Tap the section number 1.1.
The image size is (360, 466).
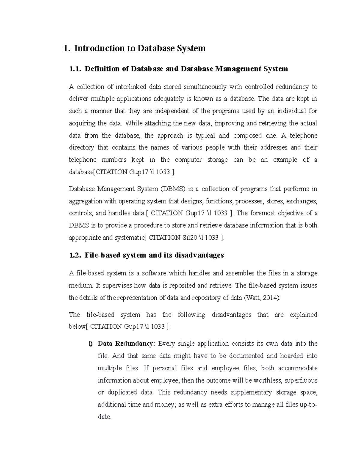[x=75, y=69]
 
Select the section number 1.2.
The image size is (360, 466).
[x=75, y=255]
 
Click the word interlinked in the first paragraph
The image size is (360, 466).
[x=131, y=87]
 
